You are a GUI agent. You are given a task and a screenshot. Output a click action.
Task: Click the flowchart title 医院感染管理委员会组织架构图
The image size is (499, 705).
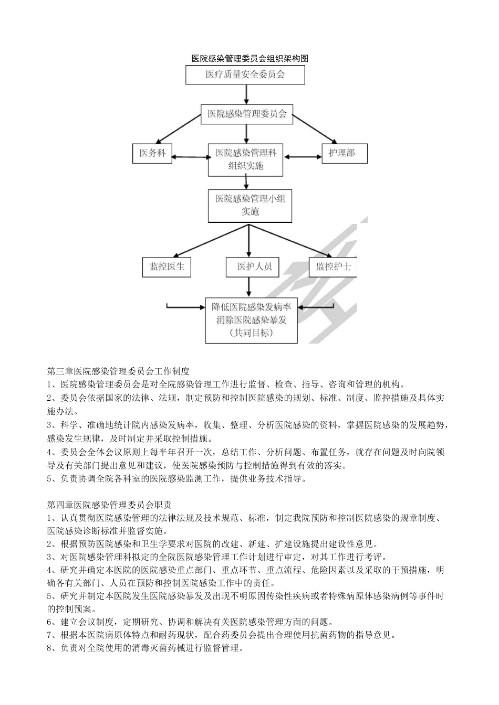(x=249, y=58)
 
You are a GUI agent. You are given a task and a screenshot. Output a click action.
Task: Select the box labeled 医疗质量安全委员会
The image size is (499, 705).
(x=245, y=74)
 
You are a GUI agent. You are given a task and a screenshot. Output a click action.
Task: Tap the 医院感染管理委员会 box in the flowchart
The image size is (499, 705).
(x=247, y=114)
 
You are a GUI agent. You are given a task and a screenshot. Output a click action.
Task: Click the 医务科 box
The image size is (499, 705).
(x=152, y=153)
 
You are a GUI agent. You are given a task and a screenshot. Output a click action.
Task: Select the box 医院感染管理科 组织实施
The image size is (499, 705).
(x=246, y=159)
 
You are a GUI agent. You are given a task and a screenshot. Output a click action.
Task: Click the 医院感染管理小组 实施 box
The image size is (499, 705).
(x=250, y=205)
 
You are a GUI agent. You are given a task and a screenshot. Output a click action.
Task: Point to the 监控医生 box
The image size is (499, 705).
(x=167, y=266)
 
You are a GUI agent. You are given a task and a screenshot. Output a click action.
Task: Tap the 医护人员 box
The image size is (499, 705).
(x=254, y=266)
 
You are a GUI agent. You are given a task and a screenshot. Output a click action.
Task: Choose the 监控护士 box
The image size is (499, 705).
(x=333, y=266)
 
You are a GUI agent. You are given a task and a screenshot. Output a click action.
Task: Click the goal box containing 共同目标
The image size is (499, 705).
(x=252, y=319)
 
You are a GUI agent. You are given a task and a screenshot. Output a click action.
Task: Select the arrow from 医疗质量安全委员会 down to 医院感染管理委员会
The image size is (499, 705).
(x=246, y=94)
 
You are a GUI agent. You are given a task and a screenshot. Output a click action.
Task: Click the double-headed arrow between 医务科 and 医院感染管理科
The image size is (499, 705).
(x=190, y=157)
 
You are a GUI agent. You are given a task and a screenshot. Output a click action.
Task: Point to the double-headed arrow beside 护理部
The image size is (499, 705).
(x=302, y=157)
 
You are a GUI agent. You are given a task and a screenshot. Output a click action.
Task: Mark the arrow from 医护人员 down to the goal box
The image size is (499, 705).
(x=249, y=286)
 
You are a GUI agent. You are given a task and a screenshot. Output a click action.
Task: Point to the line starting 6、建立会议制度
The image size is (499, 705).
(x=190, y=622)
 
